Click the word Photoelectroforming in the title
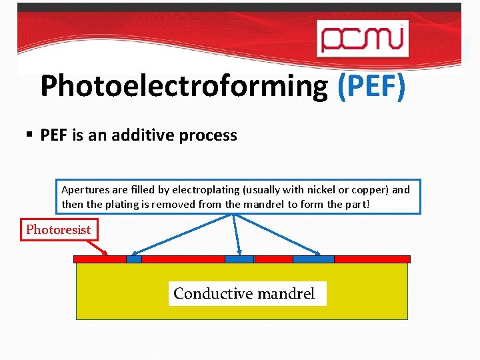point(184,86)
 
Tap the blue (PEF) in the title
point(371,86)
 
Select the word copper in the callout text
point(368,189)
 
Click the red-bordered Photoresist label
point(58,230)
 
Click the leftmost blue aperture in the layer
point(134,259)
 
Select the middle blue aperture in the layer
point(239,259)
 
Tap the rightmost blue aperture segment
point(313,259)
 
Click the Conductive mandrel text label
point(244,293)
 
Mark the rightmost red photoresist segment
point(371,259)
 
